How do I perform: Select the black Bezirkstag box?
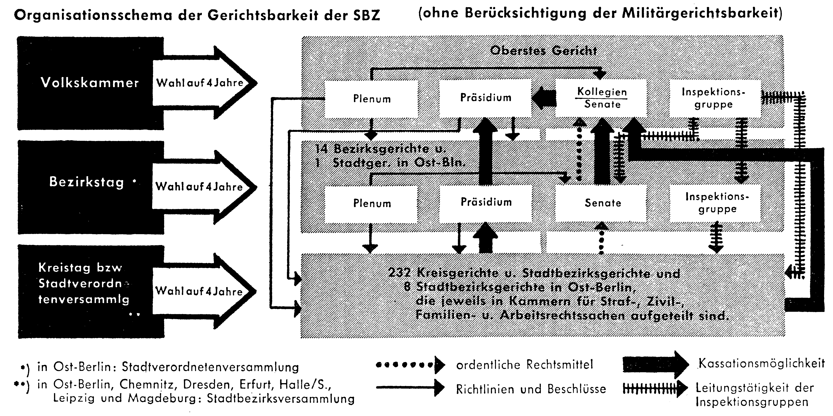point(91,187)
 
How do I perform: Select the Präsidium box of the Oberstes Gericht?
point(486,98)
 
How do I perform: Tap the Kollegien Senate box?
point(602,98)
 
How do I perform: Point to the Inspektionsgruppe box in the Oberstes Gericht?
point(714,98)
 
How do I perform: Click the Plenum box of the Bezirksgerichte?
point(372,203)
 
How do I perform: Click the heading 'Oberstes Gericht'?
point(543,51)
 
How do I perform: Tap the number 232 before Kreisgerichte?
point(399,273)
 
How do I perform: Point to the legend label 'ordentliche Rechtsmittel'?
point(525,365)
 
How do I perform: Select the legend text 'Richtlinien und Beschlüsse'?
point(531,389)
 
